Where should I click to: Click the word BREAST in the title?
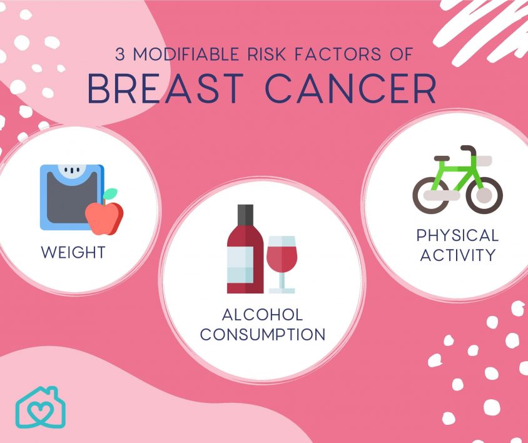click(165, 89)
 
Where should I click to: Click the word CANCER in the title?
click(351, 89)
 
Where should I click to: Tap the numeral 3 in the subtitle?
click(120, 54)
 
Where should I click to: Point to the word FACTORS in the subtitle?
click(338, 54)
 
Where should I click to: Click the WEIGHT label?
click(73, 252)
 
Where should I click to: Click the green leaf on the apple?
click(110, 194)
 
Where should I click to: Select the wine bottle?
click(245, 249)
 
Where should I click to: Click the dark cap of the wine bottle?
click(245, 214)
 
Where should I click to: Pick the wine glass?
click(282, 265)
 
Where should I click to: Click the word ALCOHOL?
click(263, 315)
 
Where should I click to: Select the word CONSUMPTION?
click(263, 334)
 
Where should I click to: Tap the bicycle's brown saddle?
click(442, 158)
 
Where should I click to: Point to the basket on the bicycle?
click(482, 161)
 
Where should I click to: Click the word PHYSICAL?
click(457, 235)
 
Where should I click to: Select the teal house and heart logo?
click(41, 407)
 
